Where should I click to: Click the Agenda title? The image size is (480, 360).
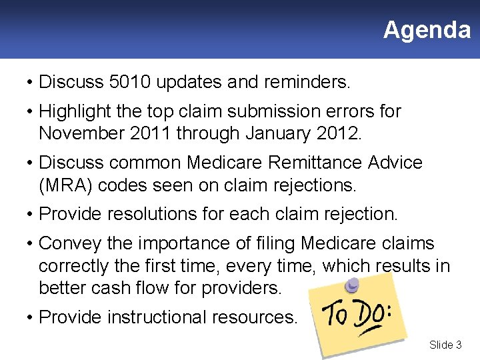click(x=427, y=30)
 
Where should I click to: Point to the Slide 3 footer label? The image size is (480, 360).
click(x=445, y=345)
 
